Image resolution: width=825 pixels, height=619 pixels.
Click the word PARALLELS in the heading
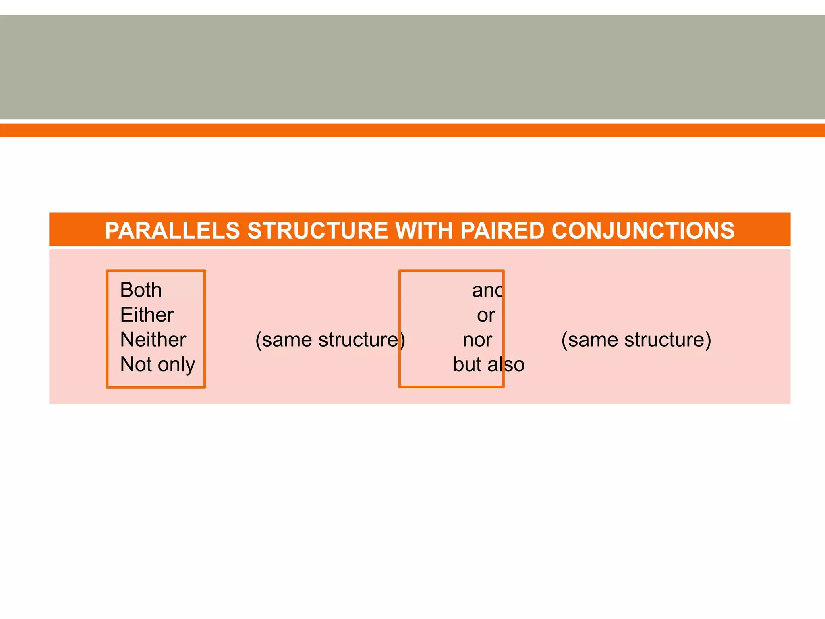click(x=172, y=231)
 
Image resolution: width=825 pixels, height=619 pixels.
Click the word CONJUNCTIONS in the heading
click(x=643, y=231)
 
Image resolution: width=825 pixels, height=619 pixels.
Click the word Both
click(x=141, y=290)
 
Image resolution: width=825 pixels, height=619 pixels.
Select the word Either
click(x=147, y=315)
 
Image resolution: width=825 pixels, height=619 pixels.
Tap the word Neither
click(x=153, y=340)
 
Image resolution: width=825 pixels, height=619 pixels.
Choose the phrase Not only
click(x=158, y=364)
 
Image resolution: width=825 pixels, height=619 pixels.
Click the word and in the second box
click(x=487, y=291)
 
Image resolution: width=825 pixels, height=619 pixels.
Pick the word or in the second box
click(x=486, y=315)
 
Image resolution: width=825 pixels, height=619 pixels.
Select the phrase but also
click(x=489, y=364)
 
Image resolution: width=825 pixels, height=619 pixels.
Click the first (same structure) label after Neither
click(x=330, y=340)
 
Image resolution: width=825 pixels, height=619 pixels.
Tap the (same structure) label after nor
click(x=636, y=340)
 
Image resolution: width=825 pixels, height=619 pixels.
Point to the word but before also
click(x=467, y=364)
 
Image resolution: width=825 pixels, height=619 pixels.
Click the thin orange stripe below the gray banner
click(x=412, y=130)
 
